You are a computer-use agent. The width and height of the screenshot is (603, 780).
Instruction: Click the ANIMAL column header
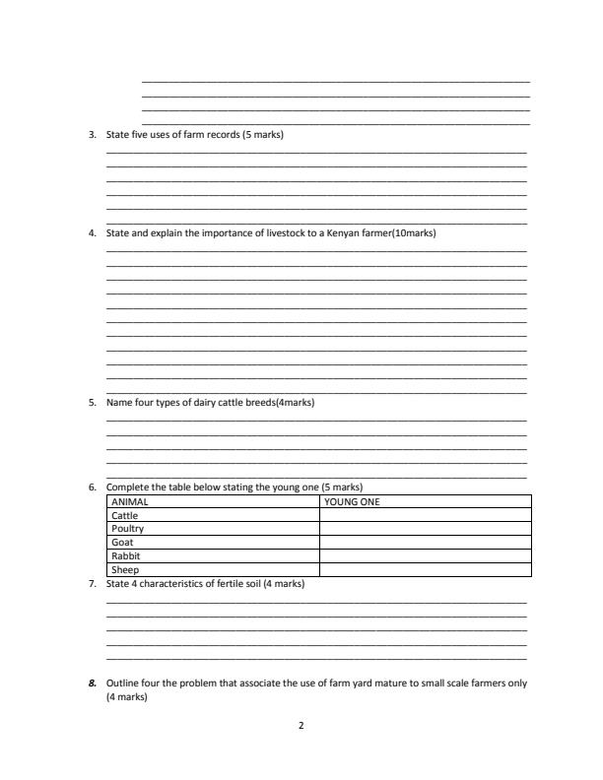tap(129, 501)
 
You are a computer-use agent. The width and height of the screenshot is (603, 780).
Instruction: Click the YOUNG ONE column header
tap(352, 501)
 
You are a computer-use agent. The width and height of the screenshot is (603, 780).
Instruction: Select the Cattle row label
tap(125, 515)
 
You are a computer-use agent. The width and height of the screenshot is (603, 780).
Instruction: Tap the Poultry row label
tap(128, 529)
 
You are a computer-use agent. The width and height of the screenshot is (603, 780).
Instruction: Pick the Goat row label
tap(122, 542)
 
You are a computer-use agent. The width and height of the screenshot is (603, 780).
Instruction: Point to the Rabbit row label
tap(126, 555)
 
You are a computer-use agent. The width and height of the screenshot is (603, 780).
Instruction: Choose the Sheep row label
tap(125, 569)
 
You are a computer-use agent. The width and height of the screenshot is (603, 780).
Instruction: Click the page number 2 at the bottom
tap(301, 726)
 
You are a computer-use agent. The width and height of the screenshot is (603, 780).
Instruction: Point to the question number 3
tap(92, 134)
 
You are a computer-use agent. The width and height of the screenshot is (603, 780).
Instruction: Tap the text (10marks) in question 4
tap(414, 233)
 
